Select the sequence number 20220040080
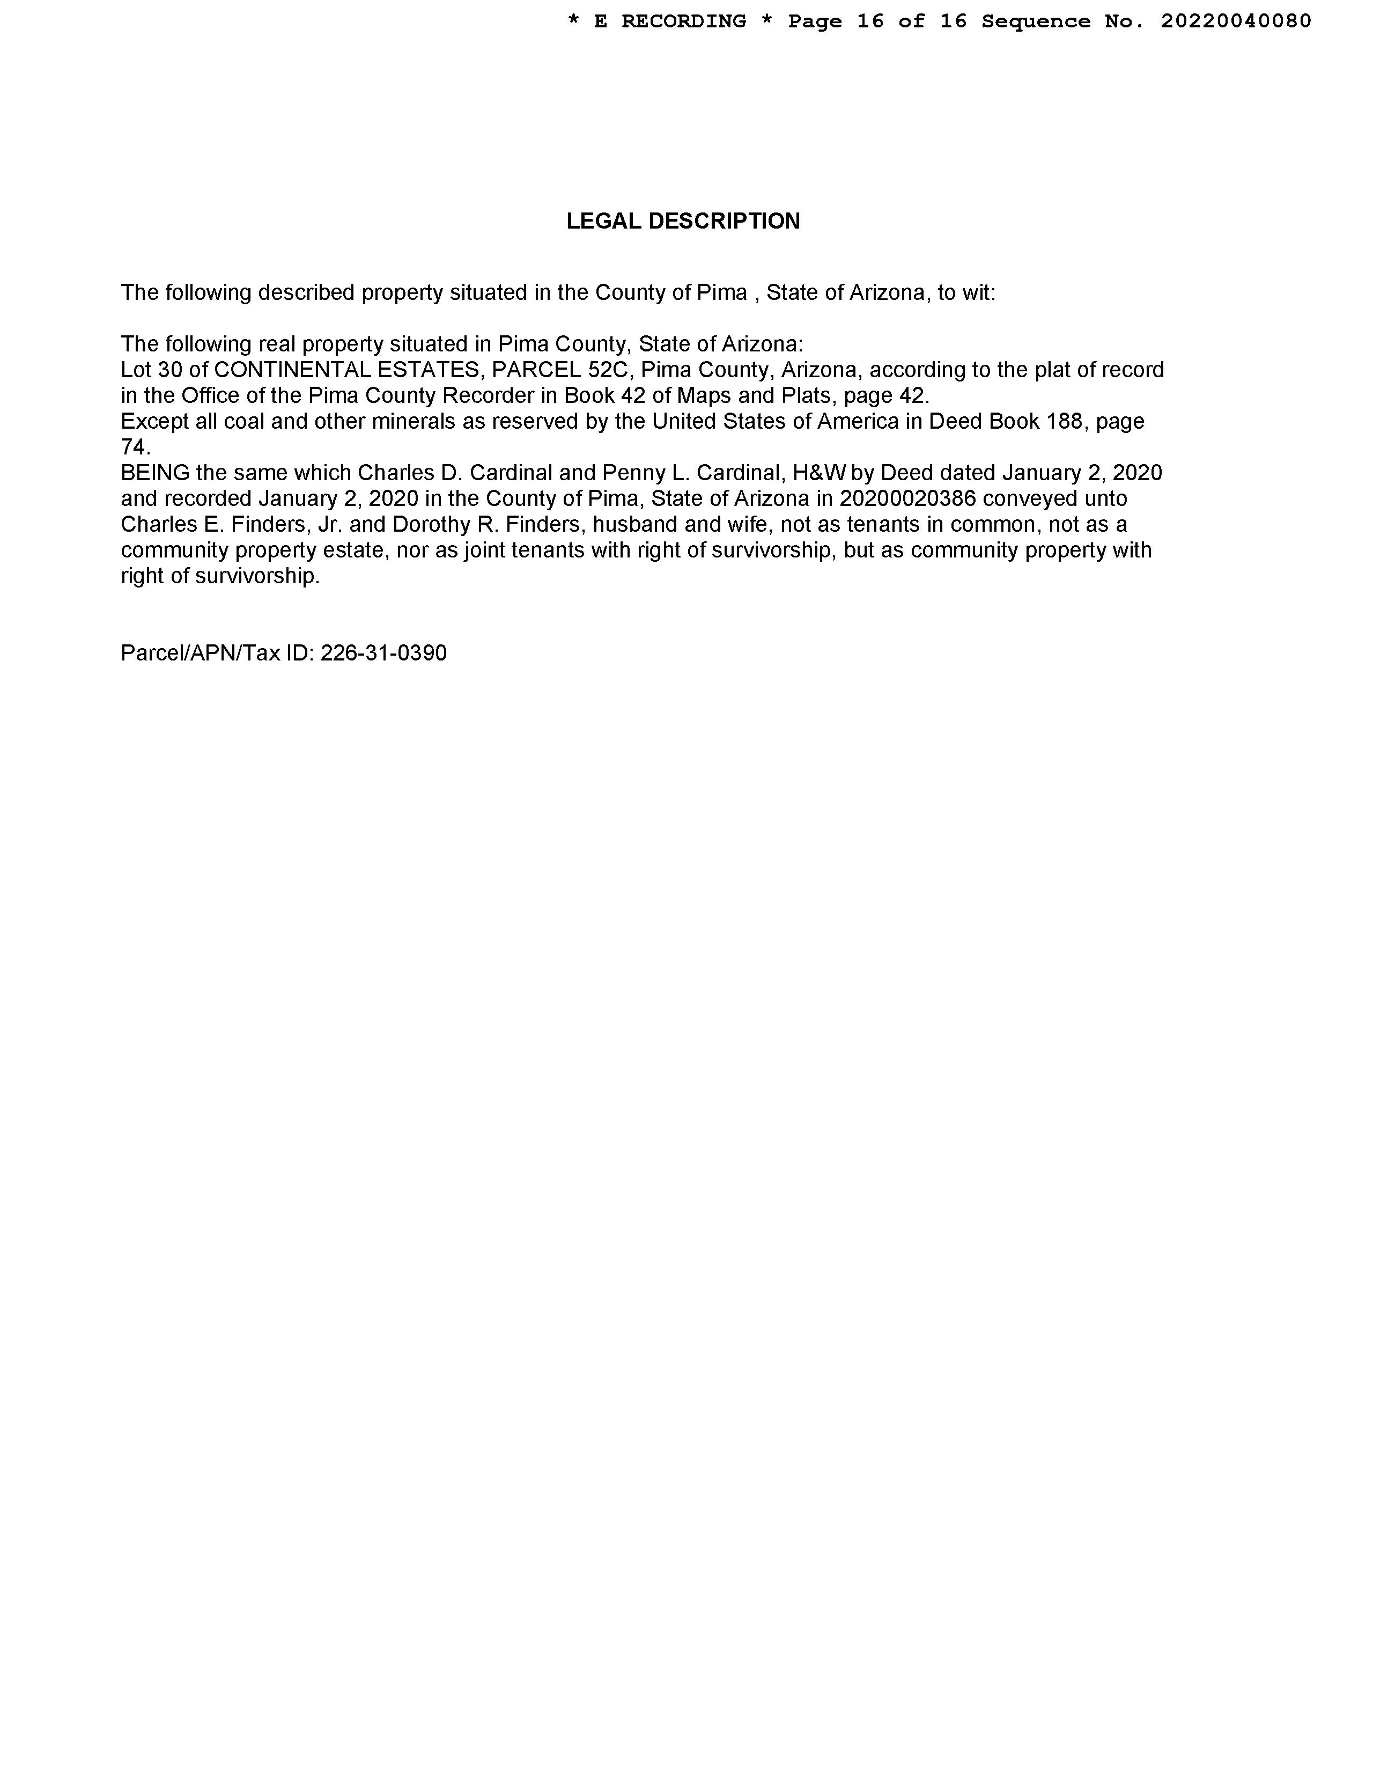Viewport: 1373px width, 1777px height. tap(1236, 21)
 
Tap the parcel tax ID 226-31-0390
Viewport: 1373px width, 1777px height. tap(383, 653)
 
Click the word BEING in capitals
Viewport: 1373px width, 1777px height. tap(154, 473)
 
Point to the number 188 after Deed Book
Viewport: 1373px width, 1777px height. tap(1065, 422)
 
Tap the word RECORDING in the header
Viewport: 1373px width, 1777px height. tap(683, 21)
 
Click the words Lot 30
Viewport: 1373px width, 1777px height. tap(151, 370)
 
